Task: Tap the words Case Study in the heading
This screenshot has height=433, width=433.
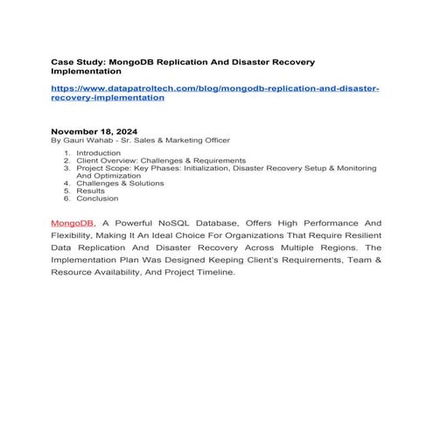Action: point(74,63)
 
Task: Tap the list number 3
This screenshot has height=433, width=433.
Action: point(66,168)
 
